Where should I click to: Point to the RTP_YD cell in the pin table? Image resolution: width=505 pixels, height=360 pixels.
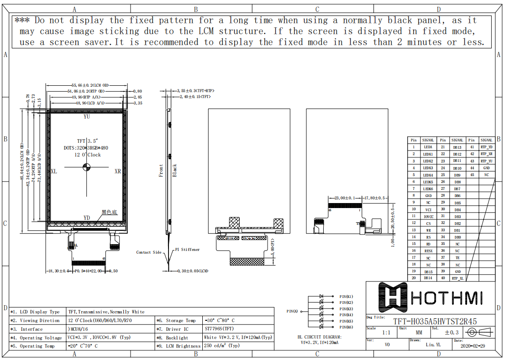(x=486, y=147)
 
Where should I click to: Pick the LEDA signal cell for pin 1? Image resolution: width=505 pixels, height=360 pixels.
(x=428, y=147)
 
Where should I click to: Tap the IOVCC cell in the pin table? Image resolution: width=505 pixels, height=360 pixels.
(x=428, y=216)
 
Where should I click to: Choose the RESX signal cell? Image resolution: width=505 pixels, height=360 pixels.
(x=428, y=251)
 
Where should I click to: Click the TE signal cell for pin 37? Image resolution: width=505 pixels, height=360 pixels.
(x=457, y=258)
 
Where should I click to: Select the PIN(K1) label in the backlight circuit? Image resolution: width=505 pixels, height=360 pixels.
(x=346, y=297)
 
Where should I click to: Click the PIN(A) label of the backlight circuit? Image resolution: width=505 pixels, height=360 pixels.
(x=292, y=311)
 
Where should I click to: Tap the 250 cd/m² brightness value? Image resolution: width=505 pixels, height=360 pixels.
(x=221, y=346)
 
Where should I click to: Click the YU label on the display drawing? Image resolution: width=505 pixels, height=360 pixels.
(x=87, y=117)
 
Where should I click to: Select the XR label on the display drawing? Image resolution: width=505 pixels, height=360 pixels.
(x=118, y=172)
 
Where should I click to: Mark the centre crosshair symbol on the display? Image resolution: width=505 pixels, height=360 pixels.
(x=87, y=167)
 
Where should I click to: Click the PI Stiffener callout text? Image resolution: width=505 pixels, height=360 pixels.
(x=187, y=250)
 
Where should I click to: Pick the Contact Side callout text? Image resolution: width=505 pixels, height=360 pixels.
(x=149, y=252)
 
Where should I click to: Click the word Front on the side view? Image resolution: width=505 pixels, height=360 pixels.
(x=161, y=171)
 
